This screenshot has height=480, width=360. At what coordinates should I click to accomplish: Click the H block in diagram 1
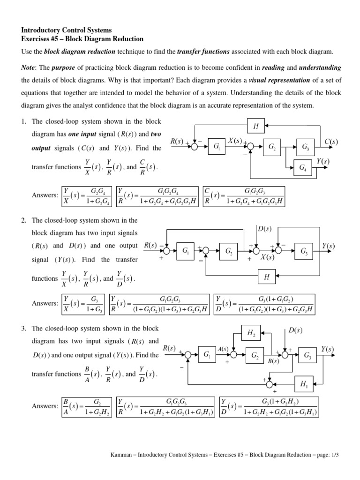click(255, 126)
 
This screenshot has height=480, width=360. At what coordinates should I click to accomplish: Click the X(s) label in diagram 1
click(235, 141)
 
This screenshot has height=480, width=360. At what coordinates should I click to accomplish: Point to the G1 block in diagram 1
click(217, 147)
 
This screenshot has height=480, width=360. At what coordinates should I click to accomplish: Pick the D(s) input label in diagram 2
click(265, 229)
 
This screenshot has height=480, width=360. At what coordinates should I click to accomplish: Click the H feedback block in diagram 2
click(266, 277)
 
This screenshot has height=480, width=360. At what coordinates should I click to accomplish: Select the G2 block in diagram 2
click(229, 252)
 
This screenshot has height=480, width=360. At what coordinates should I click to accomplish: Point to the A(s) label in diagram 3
click(223, 349)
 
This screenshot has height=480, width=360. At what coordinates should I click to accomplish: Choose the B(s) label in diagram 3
click(273, 361)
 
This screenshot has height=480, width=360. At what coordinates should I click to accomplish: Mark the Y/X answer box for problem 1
click(87, 195)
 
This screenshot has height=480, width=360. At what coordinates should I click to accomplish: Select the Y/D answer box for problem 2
click(266, 304)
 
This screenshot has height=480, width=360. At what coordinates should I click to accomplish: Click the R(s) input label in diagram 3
click(169, 348)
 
